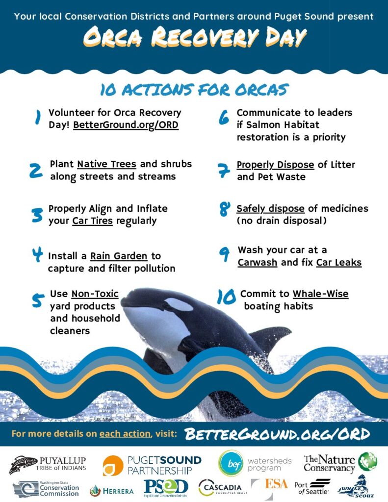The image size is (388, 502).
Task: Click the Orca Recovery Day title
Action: click(195, 37)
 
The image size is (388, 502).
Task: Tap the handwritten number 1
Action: click(38, 117)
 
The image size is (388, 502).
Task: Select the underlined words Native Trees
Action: click(107, 164)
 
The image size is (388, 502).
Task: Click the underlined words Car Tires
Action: click(93, 221)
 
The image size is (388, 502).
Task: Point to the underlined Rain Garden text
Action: click(119, 256)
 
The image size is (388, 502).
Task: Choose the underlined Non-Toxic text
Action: click(95, 294)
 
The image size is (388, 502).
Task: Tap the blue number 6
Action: click(224, 117)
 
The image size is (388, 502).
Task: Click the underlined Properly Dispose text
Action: click(275, 165)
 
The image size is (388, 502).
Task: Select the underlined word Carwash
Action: click(258, 262)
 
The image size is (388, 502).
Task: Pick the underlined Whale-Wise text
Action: click(320, 294)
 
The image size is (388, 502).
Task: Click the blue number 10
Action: click(226, 297)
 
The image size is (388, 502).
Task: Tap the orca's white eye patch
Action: click(179, 304)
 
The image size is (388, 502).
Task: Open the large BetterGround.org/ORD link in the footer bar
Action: click(278, 434)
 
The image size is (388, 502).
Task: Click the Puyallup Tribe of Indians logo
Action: click(48, 464)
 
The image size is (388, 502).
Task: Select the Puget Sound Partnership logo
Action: click(152, 465)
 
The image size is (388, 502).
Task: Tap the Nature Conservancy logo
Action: click(340, 463)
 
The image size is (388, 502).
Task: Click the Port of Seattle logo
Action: click(312, 487)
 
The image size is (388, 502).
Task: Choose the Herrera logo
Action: click(111, 491)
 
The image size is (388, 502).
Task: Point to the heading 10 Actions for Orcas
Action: click(194, 90)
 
